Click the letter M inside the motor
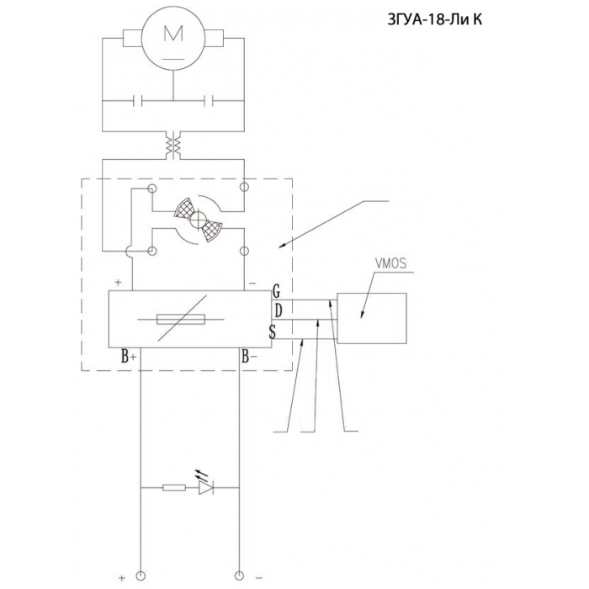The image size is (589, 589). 173,33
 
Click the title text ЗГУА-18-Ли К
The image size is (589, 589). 435,19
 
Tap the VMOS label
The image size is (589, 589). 390,263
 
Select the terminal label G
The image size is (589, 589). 277,291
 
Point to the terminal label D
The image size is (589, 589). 278,311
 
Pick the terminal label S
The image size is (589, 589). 273,332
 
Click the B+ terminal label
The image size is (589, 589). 129,356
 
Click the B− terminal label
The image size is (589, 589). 249,356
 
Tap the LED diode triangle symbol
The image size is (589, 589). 206,487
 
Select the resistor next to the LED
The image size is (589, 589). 174,487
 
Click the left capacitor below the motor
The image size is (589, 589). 138,101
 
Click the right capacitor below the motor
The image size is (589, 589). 209,101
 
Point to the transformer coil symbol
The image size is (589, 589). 173,145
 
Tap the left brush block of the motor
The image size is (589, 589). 132,39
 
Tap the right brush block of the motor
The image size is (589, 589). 214,39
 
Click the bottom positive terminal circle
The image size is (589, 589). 141,576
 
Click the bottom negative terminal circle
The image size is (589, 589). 239,576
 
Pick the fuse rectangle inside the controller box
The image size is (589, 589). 181,319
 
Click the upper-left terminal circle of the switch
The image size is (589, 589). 152,188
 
